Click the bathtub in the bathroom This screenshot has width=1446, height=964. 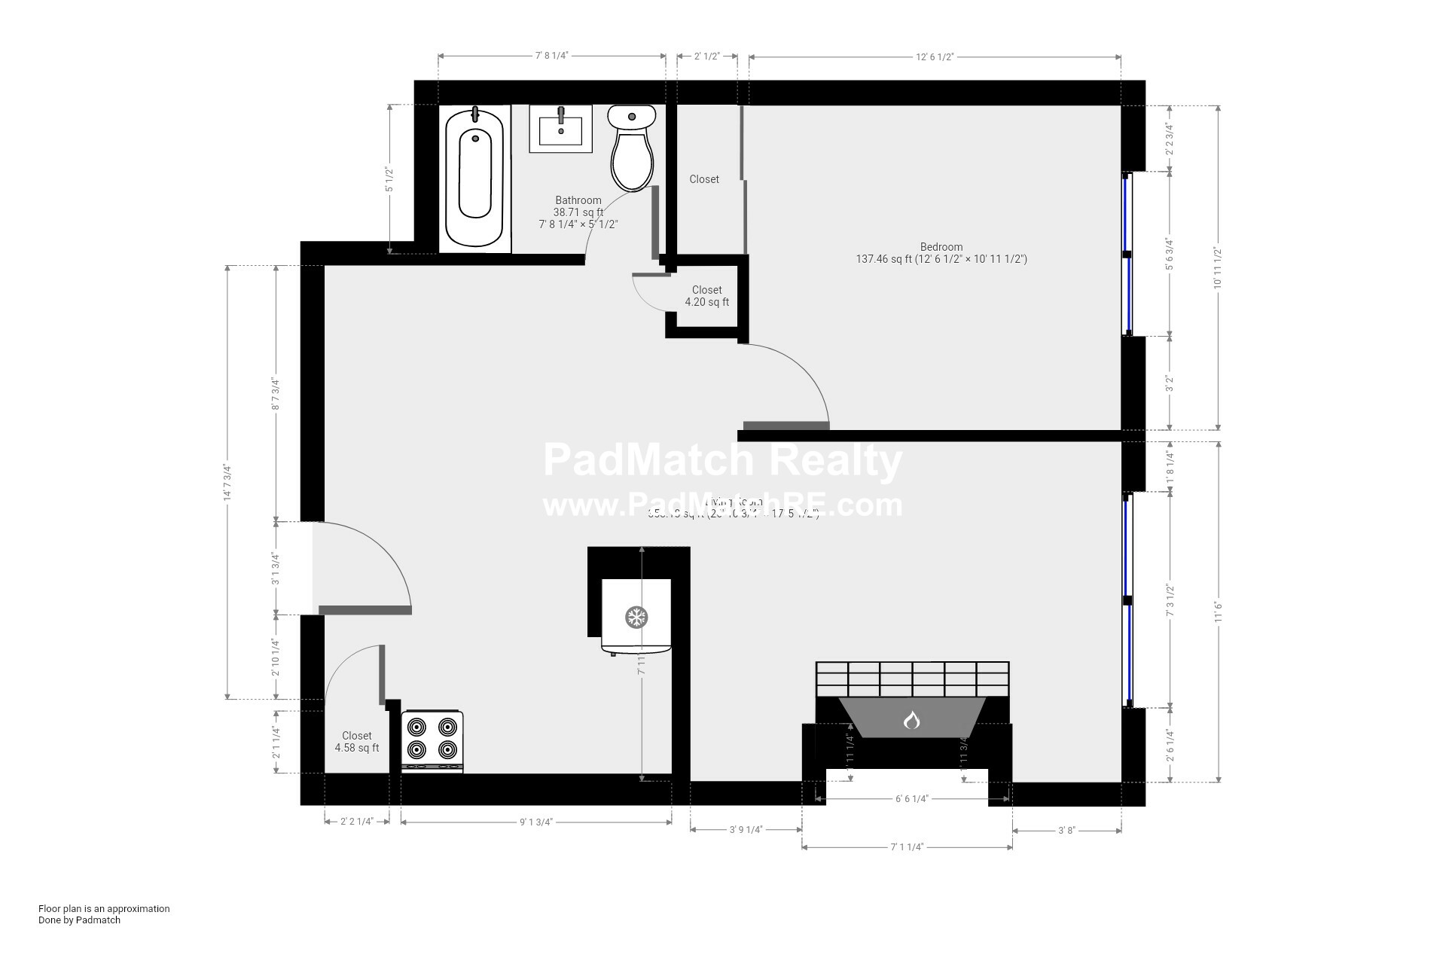click(x=474, y=178)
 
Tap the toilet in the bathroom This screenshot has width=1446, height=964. click(x=631, y=148)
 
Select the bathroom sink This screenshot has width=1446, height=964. click(x=560, y=129)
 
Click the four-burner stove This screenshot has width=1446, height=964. click(x=432, y=740)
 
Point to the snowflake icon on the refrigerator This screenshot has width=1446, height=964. click(x=636, y=618)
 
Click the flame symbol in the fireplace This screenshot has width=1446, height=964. click(x=912, y=721)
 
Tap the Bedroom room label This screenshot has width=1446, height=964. click(x=941, y=247)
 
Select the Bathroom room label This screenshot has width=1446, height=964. click(x=578, y=200)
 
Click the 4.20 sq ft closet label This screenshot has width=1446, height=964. click(x=706, y=296)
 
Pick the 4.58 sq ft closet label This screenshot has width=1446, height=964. click(x=357, y=742)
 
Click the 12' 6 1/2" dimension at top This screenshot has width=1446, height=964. click(x=935, y=56)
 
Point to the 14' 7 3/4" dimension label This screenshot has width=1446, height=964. click(x=227, y=483)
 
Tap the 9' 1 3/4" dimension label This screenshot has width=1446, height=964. click(x=536, y=822)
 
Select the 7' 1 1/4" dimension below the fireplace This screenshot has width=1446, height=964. click(x=907, y=847)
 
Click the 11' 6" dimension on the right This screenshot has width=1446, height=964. click(x=1218, y=611)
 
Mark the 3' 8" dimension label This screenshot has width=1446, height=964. click(x=1066, y=831)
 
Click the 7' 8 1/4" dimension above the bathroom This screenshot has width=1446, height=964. click(x=551, y=56)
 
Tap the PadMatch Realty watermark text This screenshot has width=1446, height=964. click(x=722, y=460)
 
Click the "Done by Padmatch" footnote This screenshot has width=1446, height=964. click(x=79, y=920)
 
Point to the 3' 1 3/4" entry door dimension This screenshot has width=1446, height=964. click(x=276, y=568)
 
